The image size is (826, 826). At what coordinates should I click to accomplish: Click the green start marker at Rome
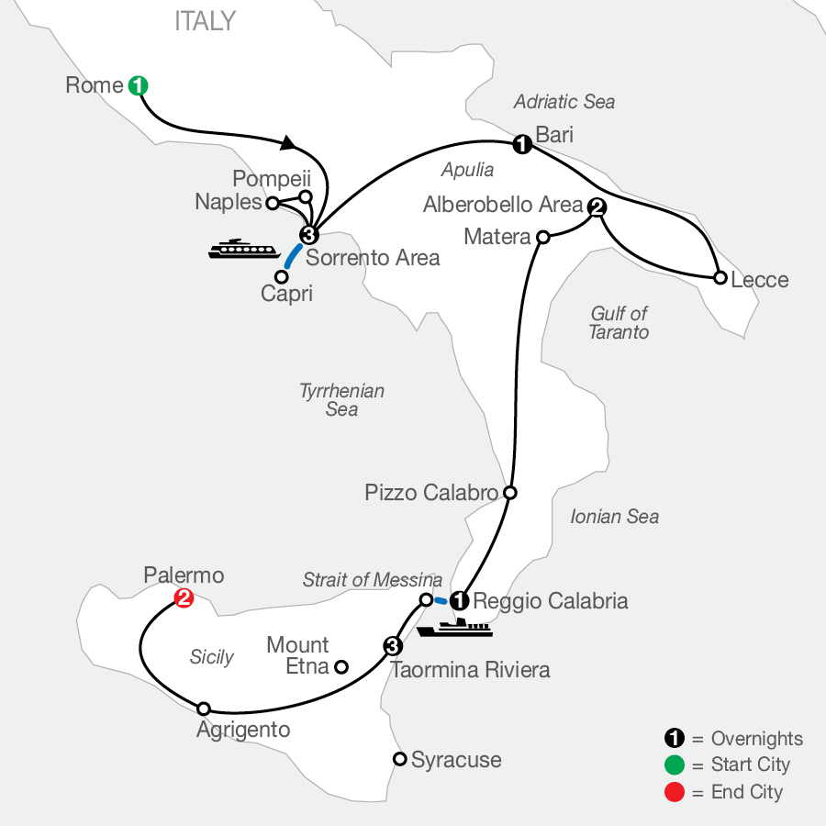pyautogui.click(x=139, y=86)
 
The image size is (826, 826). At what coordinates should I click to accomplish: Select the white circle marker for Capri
pyautogui.click(x=282, y=275)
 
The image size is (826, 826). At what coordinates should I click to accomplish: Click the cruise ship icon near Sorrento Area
pyautogui.click(x=243, y=249)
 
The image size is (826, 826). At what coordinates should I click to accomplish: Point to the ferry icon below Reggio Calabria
pyautogui.click(x=454, y=629)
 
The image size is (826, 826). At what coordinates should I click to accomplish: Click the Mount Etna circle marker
pyautogui.click(x=340, y=667)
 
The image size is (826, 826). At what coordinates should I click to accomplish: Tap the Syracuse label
pyautogui.click(x=456, y=760)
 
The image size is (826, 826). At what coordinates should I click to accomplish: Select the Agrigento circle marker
pyautogui.click(x=204, y=709)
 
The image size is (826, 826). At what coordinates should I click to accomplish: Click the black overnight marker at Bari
pyautogui.click(x=521, y=144)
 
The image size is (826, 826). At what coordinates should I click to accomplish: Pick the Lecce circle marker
pyautogui.click(x=720, y=276)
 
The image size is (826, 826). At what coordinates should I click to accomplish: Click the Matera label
pyautogui.click(x=497, y=237)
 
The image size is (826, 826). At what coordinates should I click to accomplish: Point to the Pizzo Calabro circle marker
pyautogui.click(x=510, y=493)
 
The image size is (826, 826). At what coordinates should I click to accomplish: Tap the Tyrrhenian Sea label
pyautogui.click(x=341, y=400)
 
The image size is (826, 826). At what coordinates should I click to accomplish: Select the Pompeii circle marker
pyautogui.click(x=307, y=195)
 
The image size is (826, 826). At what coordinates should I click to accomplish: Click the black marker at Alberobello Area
pyautogui.click(x=597, y=206)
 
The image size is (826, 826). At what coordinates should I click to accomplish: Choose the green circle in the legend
pyautogui.click(x=675, y=765)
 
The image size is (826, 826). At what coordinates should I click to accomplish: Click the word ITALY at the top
pyautogui.click(x=205, y=21)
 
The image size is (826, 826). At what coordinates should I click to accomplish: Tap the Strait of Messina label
pyautogui.click(x=373, y=580)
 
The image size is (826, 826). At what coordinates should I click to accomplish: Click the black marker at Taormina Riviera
pyautogui.click(x=393, y=645)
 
